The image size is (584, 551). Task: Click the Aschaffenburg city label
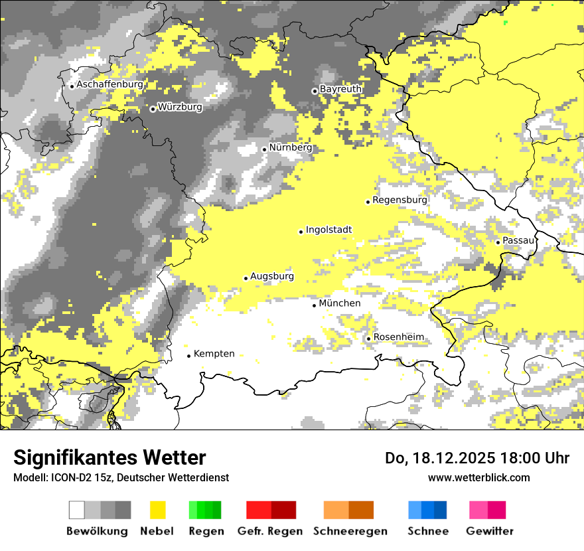[x=110, y=85]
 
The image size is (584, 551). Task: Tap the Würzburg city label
[x=180, y=107]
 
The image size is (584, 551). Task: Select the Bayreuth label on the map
[x=340, y=89]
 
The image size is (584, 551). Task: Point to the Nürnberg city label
[x=290, y=147]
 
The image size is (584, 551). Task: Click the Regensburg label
[x=400, y=200]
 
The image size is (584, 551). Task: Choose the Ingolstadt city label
[x=328, y=230]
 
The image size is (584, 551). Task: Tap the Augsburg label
[x=271, y=277]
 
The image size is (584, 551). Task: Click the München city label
[x=340, y=303]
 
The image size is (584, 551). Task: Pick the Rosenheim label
[x=398, y=337]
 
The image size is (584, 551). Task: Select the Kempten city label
[x=214, y=354]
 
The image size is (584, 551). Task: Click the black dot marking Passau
[x=498, y=242]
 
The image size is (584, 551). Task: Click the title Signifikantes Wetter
[x=110, y=458]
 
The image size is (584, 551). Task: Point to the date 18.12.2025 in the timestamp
[x=451, y=458]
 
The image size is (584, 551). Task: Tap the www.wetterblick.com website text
[x=478, y=477]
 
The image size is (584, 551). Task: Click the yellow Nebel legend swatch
[x=157, y=510]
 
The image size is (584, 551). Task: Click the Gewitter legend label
[x=489, y=531]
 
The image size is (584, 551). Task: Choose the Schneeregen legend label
[x=350, y=531]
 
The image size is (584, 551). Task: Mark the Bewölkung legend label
[x=97, y=531]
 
